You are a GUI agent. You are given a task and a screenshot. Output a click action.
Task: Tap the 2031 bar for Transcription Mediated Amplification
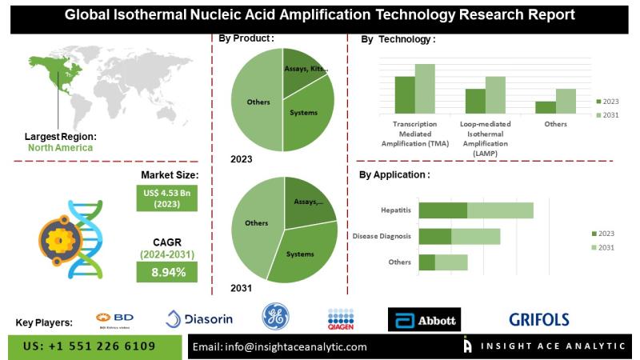point(425,88)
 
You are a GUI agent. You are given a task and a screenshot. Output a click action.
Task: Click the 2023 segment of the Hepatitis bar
point(443,210)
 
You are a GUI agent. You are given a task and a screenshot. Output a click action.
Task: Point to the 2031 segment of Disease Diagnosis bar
point(476,236)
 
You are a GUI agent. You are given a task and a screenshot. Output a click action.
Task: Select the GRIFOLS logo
point(539,320)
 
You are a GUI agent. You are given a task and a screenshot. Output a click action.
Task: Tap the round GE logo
point(276,318)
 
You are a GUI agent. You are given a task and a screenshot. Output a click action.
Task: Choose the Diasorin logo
point(200,319)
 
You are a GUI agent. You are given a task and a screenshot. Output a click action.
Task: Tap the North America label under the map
point(60,148)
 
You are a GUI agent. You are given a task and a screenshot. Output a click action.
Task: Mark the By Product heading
point(246,38)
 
